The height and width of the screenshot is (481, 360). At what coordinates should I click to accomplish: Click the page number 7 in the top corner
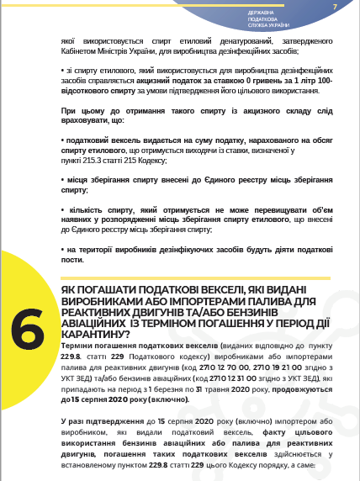334,8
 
